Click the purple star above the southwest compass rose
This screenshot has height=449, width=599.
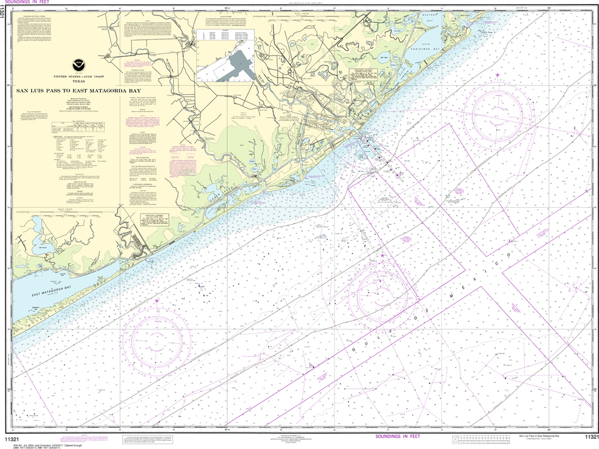click(x=157, y=301)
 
